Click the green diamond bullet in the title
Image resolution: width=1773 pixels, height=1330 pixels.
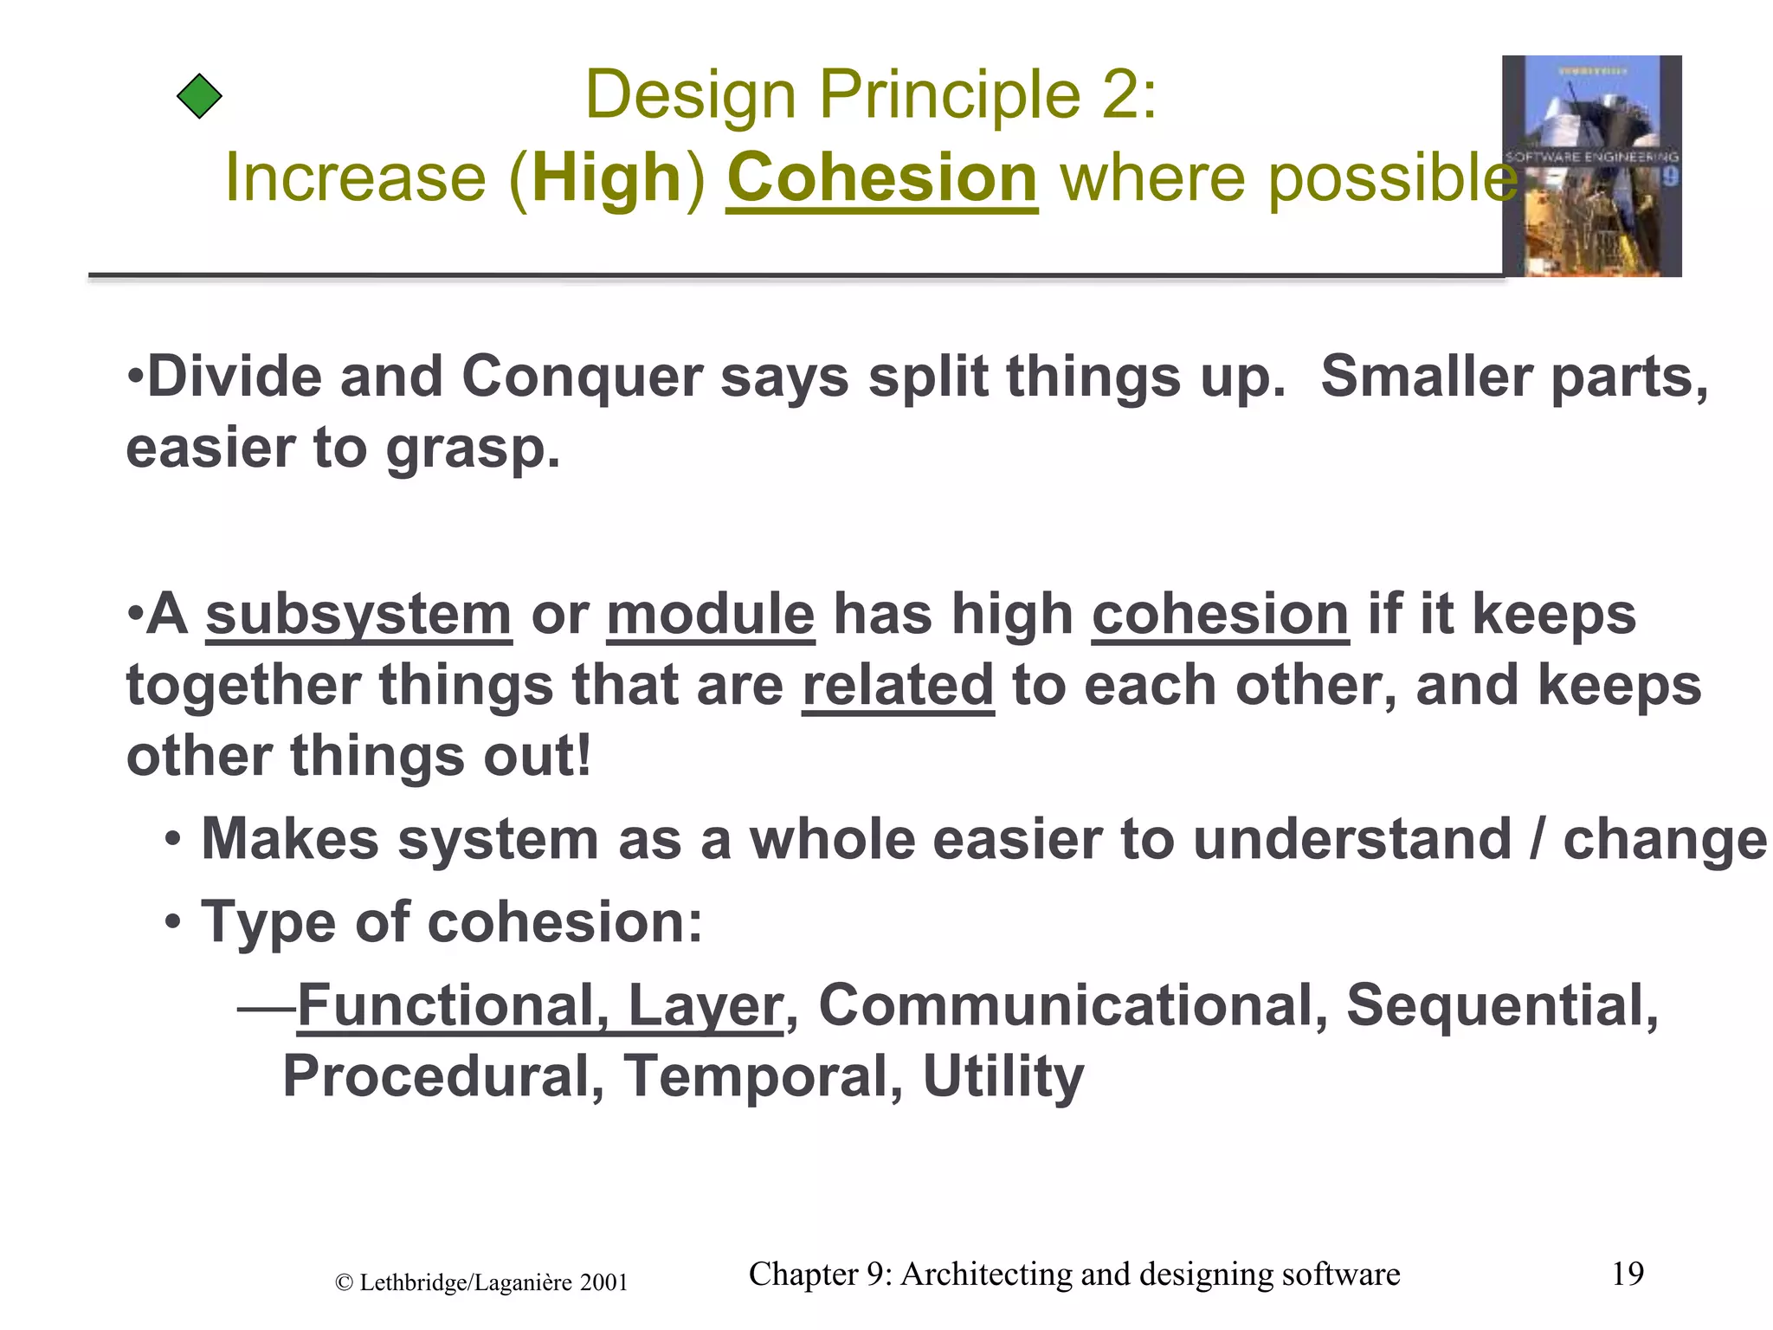click(x=199, y=96)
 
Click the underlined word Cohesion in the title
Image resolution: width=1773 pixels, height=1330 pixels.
click(x=881, y=178)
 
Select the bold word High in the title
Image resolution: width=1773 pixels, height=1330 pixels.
click(x=607, y=178)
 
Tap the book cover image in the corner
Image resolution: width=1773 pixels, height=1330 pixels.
click(x=1591, y=166)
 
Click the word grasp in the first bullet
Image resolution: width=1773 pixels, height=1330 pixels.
click(x=473, y=450)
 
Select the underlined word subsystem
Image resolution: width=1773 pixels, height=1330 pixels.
click(x=358, y=616)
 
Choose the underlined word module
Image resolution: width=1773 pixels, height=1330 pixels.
click(x=710, y=616)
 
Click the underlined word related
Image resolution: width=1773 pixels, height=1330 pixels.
click(x=898, y=686)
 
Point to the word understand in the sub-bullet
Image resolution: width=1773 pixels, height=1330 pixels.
click(x=1351, y=840)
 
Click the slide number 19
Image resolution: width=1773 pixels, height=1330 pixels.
click(x=1628, y=1274)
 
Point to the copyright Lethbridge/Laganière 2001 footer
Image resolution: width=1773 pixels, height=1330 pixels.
click(x=481, y=1283)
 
